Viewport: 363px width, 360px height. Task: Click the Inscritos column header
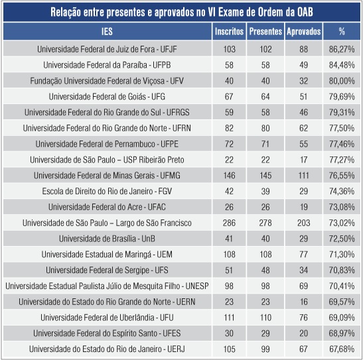(x=229, y=32)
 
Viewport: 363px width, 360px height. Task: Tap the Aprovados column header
(x=303, y=32)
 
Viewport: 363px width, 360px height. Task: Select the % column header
(x=342, y=32)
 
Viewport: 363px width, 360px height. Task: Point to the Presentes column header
(x=265, y=32)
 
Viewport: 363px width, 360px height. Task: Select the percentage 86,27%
(x=342, y=49)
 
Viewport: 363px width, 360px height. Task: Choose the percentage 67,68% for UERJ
(x=342, y=349)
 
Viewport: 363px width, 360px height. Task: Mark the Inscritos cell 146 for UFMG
(x=229, y=175)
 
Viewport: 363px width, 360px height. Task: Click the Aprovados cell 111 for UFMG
(x=303, y=175)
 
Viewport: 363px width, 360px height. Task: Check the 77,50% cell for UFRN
(x=342, y=128)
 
